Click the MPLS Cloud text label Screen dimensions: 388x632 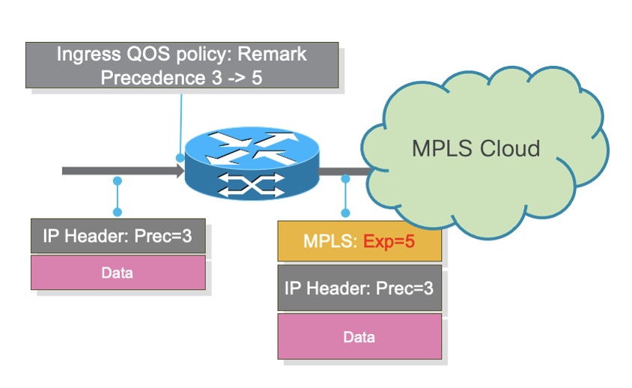click(x=475, y=148)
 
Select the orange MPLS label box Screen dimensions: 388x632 click(x=359, y=241)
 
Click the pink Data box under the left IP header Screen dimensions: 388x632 click(x=118, y=273)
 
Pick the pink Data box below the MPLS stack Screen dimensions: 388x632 click(x=359, y=337)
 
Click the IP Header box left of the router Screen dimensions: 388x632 click(x=118, y=236)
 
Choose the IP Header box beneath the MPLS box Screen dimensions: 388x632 click(x=359, y=287)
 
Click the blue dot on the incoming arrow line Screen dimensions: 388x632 click(x=117, y=181)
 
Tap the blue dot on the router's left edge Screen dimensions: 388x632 click(x=180, y=158)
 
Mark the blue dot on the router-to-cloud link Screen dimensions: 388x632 click(x=345, y=178)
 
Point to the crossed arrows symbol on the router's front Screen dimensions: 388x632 click(x=252, y=185)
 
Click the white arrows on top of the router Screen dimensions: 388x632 click(x=252, y=148)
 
